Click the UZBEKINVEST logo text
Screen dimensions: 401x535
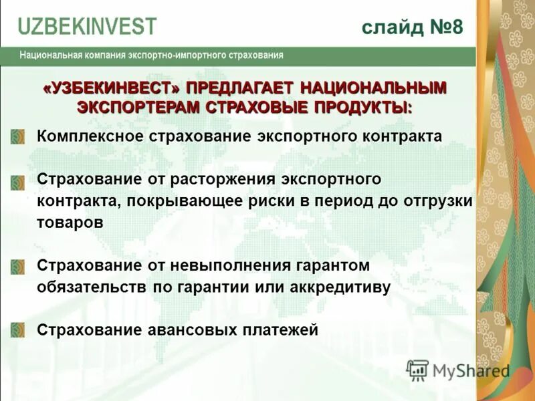[x=87, y=26]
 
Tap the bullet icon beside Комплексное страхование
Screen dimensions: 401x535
[x=18, y=136]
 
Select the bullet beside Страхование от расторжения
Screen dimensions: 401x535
[x=18, y=180]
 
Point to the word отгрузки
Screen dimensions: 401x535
[x=438, y=201]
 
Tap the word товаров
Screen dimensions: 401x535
[x=70, y=223]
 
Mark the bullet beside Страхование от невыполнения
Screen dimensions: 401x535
[x=18, y=266]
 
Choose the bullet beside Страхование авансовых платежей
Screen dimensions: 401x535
[x=18, y=330]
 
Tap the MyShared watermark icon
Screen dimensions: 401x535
[x=417, y=370]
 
